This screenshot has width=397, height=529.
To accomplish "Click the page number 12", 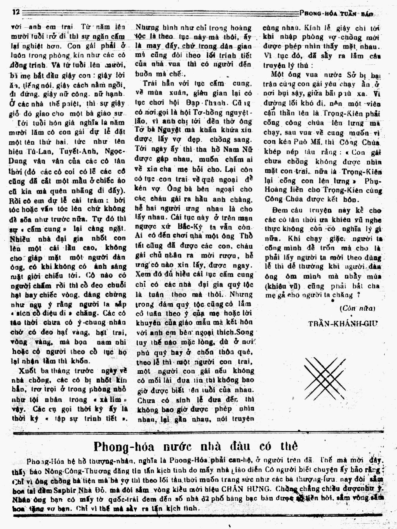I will point(16,12).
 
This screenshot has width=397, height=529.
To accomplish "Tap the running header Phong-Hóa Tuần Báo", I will point(338,13).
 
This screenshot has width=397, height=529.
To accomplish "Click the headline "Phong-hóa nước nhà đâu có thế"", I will point(196,446).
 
